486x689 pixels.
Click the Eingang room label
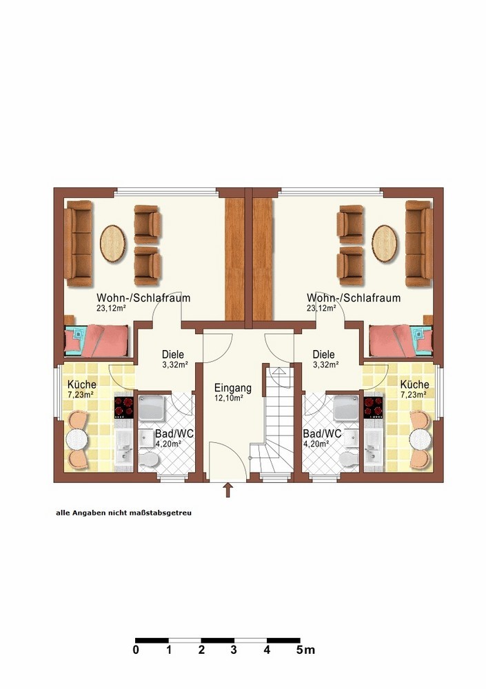(233, 388)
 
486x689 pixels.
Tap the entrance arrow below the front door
(227, 490)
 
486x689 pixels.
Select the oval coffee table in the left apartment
(113, 244)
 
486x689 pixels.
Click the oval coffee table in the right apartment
(385, 243)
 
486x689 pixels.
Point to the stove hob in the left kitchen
(123, 407)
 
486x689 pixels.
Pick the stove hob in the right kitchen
(374, 407)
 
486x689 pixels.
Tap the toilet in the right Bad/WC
(349, 459)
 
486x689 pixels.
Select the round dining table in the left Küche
(77, 438)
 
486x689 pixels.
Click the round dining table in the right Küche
(420, 438)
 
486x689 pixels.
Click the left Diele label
(173, 354)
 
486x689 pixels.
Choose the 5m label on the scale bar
(305, 650)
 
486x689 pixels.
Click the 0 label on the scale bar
(136, 650)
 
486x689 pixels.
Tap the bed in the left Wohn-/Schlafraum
(97, 340)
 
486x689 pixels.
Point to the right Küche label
(415, 384)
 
